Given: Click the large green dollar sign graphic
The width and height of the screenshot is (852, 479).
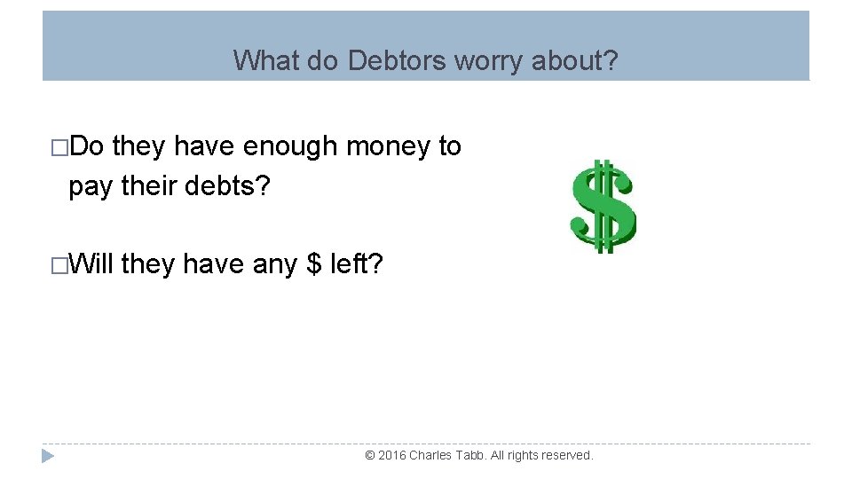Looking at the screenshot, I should point(603,205).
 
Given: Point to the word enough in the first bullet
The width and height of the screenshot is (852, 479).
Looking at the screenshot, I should point(287,146).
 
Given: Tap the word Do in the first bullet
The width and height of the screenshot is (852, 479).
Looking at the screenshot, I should point(86,146).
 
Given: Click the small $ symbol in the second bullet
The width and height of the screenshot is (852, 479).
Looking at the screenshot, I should point(314,263).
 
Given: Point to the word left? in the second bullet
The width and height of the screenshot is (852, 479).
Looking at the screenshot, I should point(357,263).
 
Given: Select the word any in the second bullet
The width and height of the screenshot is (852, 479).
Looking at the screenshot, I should point(275,265).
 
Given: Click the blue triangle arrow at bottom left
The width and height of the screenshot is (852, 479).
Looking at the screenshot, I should point(49,456).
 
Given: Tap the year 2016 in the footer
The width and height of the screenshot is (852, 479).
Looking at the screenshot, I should point(392,455).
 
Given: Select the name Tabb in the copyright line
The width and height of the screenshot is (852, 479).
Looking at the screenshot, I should point(474,455).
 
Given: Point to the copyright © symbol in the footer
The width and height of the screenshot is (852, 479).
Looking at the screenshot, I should point(370,455).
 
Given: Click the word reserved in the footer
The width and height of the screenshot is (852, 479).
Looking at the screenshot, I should point(567,455).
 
